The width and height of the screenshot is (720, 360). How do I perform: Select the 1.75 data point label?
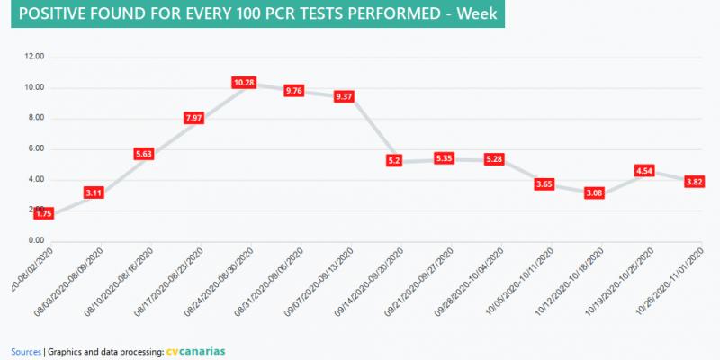point(45,213)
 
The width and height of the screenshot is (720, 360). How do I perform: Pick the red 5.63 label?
point(145,154)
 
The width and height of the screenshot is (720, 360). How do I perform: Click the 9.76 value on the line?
point(294,90)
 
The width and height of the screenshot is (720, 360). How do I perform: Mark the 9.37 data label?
point(344,96)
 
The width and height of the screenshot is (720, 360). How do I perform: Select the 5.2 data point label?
point(393,160)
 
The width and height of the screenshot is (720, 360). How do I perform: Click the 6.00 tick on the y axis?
point(36,148)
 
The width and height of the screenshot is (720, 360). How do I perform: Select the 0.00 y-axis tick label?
point(36,240)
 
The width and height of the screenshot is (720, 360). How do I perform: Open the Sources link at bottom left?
point(26,350)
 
